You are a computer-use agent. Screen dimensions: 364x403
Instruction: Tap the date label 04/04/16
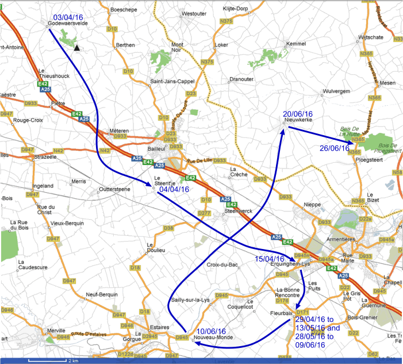click(174, 189)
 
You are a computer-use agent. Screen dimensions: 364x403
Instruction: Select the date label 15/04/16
click(270, 259)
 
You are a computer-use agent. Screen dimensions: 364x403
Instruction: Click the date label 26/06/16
click(335, 148)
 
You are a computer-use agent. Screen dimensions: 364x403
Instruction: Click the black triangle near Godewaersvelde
click(76, 48)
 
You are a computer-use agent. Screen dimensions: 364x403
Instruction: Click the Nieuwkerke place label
click(298, 121)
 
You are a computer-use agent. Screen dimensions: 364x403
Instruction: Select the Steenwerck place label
click(237, 210)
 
